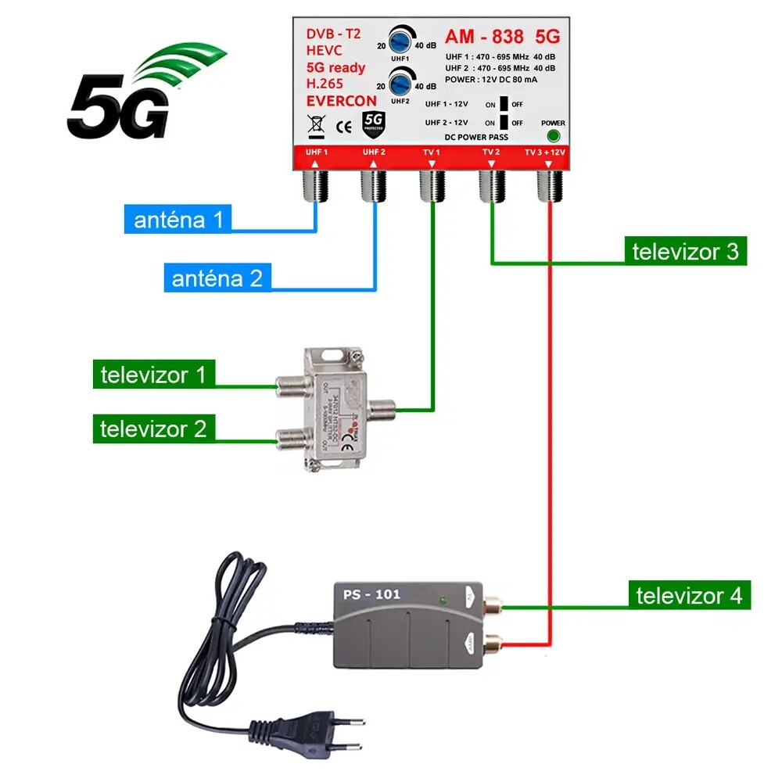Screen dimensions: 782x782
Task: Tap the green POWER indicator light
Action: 553,135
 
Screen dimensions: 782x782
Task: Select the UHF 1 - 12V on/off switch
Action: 504,104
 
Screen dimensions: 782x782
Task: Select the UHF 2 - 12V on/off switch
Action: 504,122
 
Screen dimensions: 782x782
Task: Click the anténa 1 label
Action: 178,220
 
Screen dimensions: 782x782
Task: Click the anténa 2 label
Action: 217,278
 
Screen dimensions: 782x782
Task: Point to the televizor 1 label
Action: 153,375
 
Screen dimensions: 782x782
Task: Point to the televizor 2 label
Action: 153,429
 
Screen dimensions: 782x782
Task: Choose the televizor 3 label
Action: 685,252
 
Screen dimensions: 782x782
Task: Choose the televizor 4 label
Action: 688,596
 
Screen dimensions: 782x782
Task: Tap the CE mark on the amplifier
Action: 343,126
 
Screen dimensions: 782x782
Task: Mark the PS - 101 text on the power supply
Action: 371,594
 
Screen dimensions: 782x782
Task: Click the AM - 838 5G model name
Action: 502,37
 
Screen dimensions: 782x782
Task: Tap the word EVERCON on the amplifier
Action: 341,101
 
